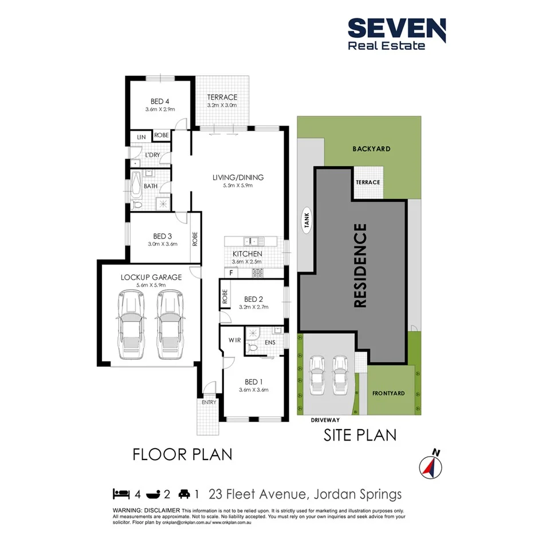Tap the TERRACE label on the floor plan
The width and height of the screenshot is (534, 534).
[222, 97]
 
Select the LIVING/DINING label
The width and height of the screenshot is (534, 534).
[238, 177]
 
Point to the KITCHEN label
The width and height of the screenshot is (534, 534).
[247, 254]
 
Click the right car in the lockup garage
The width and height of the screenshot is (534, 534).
[170, 324]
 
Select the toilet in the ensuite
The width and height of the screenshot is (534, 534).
[254, 346]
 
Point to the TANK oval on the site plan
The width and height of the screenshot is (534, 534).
[307, 221]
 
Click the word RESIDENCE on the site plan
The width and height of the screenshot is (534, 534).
[360, 266]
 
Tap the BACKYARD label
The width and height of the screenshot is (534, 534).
[372, 148]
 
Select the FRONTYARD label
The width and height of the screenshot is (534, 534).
[388, 394]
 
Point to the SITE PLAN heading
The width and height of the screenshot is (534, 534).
[360, 435]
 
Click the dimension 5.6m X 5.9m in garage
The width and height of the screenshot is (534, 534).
[151, 285]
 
